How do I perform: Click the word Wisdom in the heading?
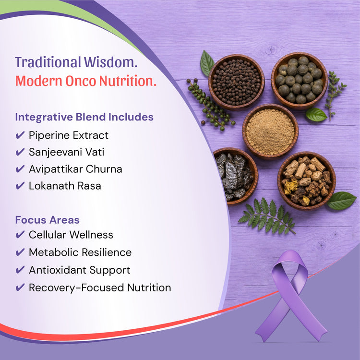(110, 62)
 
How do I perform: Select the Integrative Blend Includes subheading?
(84, 117)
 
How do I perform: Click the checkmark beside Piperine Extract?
(20, 135)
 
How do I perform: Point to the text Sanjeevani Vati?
(67, 152)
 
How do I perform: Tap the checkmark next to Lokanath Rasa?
(20, 185)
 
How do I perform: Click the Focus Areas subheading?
(48, 220)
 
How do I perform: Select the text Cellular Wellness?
(71, 235)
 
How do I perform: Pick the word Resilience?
(107, 252)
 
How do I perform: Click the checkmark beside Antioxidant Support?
(20, 270)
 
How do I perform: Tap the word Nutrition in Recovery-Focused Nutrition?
(149, 288)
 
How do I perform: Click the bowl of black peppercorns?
(237, 82)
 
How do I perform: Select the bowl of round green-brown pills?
(299, 80)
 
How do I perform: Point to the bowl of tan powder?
(270, 132)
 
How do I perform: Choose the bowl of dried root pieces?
(307, 180)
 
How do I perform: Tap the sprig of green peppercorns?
(209, 105)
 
